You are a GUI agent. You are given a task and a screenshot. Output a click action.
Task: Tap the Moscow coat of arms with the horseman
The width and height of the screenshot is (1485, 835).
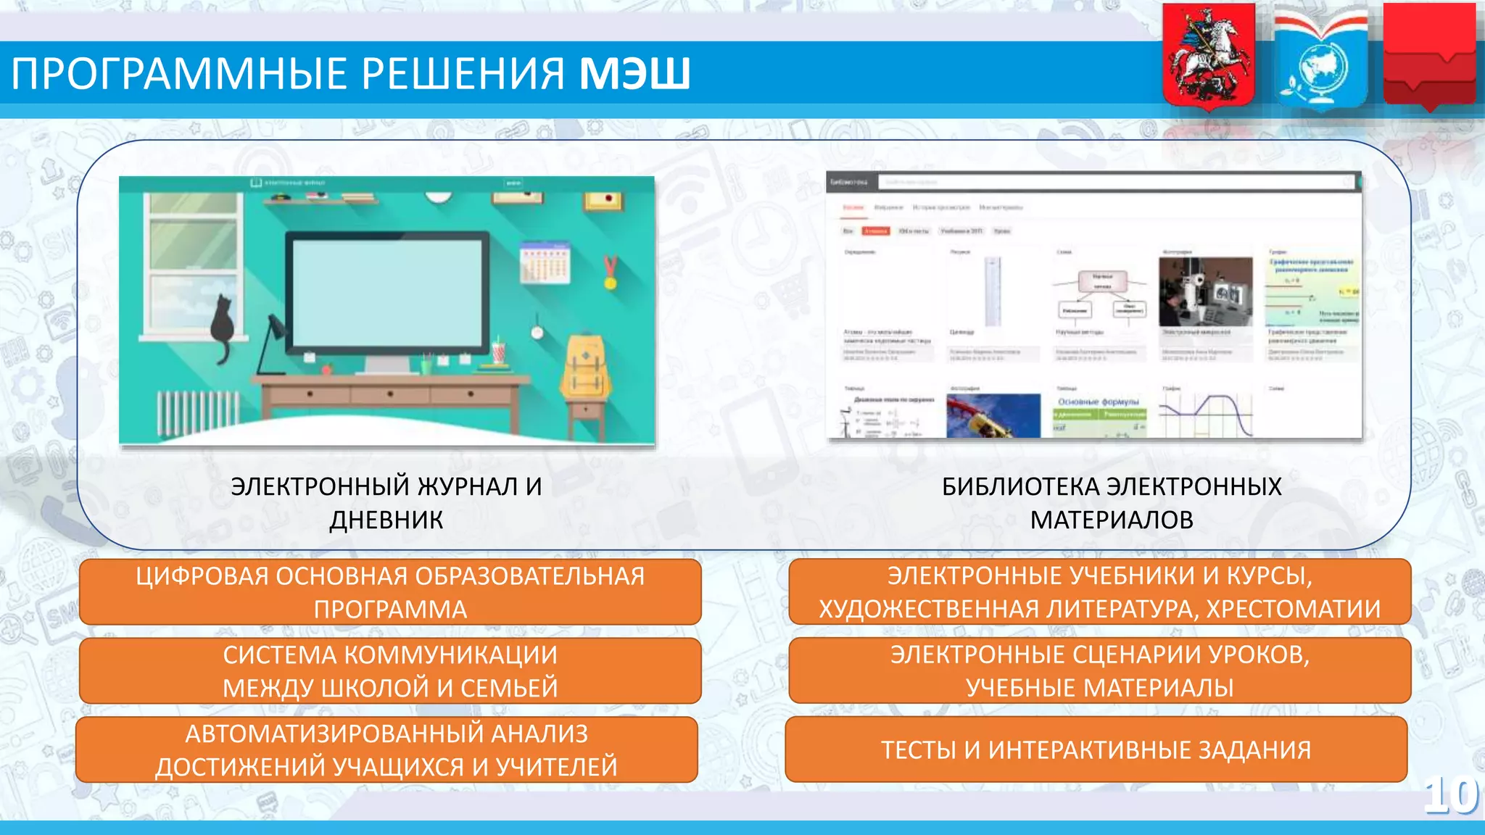pyautogui.click(x=1209, y=57)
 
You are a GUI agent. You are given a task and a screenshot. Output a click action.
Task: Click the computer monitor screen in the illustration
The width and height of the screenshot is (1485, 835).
pyautogui.click(x=387, y=294)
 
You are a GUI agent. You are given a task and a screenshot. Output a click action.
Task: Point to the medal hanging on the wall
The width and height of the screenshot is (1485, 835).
pyautogui.click(x=611, y=274)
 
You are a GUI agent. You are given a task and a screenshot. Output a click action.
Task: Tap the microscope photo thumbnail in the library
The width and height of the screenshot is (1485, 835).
pyautogui.click(x=1205, y=292)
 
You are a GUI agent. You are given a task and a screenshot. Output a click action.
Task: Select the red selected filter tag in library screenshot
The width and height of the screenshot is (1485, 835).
pyautogui.click(x=875, y=231)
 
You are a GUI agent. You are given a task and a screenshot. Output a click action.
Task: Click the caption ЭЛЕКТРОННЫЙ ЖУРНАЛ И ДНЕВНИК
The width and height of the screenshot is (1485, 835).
pyautogui.click(x=386, y=502)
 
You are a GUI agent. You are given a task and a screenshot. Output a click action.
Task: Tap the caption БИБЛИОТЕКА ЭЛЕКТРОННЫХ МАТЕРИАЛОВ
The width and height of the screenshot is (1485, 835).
pyautogui.click(x=1111, y=502)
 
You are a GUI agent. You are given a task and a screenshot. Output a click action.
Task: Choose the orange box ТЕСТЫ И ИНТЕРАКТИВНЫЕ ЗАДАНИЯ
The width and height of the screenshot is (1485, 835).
pyautogui.click(x=1096, y=749)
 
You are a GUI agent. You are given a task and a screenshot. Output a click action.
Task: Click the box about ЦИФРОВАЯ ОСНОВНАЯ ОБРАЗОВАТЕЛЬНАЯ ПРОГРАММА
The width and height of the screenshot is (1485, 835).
pyautogui.click(x=390, y=591)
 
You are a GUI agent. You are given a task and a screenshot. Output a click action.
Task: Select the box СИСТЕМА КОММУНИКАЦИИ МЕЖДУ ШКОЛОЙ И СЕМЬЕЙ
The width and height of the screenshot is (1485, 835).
pyautogui.click(x=390, y=670)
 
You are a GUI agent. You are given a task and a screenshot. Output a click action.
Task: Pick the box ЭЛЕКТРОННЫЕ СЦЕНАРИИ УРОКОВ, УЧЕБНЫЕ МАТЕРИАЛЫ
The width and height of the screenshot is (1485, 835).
pyautogui.click(x=1099, y=670)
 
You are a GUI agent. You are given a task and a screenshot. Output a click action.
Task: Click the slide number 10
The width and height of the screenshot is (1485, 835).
pyautogui.click(x=1451, y=796)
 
